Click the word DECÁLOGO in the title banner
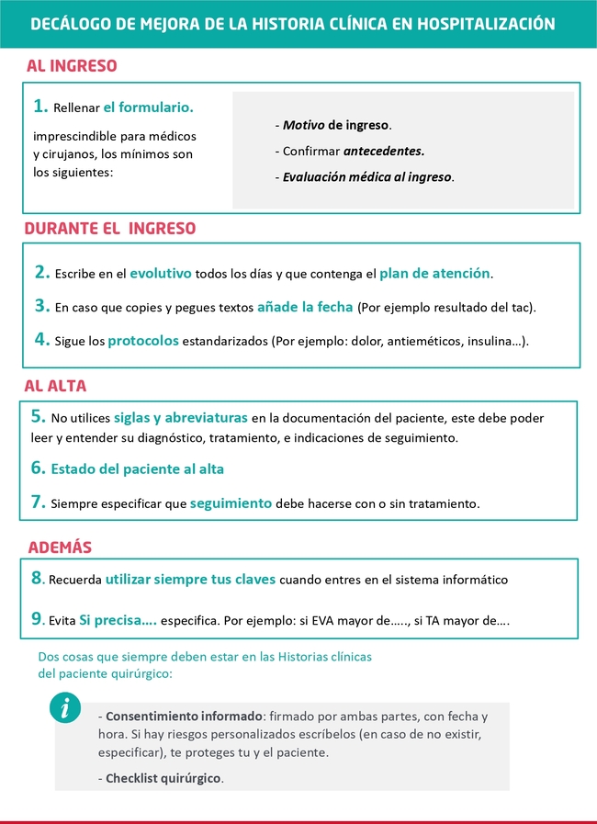coord(69,24)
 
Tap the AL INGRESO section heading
coord(72,66)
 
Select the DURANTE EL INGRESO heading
coord(109,228)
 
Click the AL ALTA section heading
coord(56,386)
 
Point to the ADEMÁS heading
coord(60,547)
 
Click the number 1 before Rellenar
coord(39,107)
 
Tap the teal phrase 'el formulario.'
coord(148,107)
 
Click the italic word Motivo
coord(303,125)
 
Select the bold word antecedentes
coord(384,151)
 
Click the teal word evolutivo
coord(161,273)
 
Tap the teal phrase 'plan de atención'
coord(434,273)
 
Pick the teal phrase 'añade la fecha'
coord(305,307)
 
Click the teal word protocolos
coord(143,341)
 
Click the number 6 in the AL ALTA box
coord(38,468)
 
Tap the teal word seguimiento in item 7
coord(231,503)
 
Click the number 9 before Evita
coord(38,620)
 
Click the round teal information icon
coord(65,707)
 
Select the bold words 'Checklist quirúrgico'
coord(163,777)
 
